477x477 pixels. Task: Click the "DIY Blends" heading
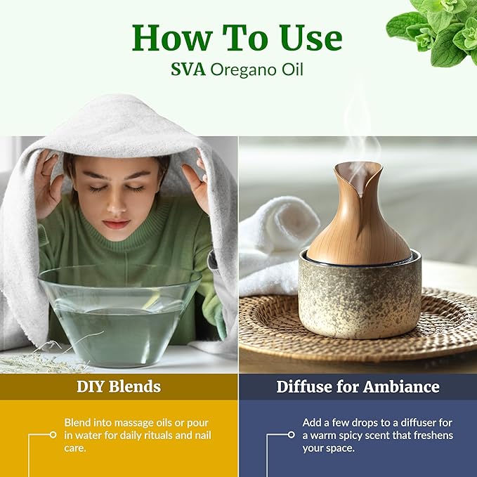(119, 386)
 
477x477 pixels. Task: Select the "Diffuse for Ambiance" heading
(358, 386)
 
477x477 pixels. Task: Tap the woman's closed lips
(116, 224)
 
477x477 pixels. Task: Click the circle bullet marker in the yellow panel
(53, 435)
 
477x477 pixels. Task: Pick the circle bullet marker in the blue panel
(292, 435)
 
